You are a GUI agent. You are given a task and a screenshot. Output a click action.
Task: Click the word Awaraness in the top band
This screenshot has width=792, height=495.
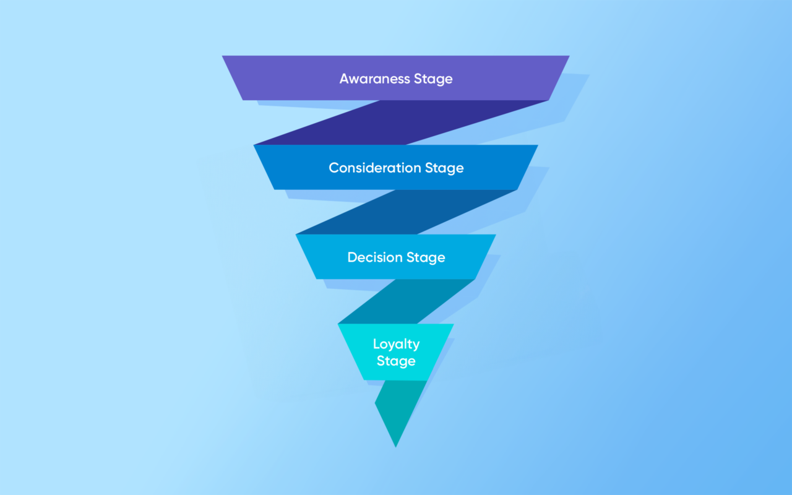point(374,79)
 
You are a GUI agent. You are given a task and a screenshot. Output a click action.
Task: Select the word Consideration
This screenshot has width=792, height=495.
point(375,168)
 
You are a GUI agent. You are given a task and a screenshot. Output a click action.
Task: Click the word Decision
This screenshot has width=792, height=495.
point(375,257)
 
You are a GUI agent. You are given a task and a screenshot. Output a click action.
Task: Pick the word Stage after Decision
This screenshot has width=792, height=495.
point(426,258)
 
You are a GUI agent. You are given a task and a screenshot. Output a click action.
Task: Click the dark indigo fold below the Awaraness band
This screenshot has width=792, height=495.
point(401,123)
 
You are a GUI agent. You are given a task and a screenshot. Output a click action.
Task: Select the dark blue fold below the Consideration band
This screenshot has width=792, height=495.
point(405,212)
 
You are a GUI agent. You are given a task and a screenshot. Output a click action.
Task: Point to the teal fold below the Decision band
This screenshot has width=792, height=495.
point(407,301)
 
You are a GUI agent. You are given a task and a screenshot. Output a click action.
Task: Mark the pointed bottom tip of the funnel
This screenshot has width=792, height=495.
point(395,447)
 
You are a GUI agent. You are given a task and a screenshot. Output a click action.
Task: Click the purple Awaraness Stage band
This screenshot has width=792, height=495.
point(395,78)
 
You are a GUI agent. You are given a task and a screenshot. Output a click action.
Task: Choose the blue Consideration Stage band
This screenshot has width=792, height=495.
point(395,167)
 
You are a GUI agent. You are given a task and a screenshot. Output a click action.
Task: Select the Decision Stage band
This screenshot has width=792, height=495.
point(395,257)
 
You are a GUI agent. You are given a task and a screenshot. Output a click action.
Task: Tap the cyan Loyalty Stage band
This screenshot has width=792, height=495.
point(395,352)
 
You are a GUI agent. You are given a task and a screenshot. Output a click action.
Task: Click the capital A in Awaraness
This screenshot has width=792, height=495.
point(345,79)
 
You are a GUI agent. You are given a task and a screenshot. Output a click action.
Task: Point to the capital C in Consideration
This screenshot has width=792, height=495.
point(334,168)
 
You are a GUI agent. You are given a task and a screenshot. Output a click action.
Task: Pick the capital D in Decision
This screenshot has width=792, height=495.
point(353,257)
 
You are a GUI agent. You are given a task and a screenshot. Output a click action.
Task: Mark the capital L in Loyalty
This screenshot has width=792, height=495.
point(377,344)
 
